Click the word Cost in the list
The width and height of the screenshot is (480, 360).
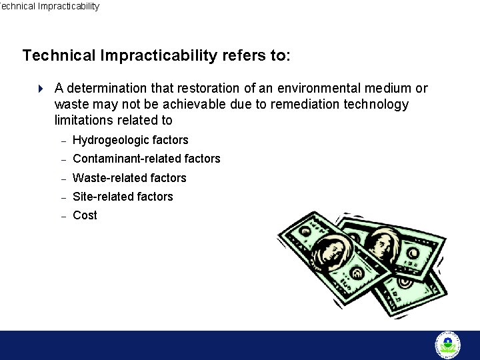click(x=85, y=215)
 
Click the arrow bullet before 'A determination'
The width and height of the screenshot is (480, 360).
click(x=40, y=89)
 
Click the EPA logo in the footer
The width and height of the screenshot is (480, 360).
click(x=447, y=345)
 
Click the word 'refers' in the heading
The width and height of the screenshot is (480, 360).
click(x=243, y=55)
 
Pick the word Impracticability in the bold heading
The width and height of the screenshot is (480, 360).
click(x=159, y=55)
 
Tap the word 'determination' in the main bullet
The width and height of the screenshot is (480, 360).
click(x=110, y=88)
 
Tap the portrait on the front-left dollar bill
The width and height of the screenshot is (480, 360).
click(x=329, y=250)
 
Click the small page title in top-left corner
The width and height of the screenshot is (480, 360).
click(x=49, y=6)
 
